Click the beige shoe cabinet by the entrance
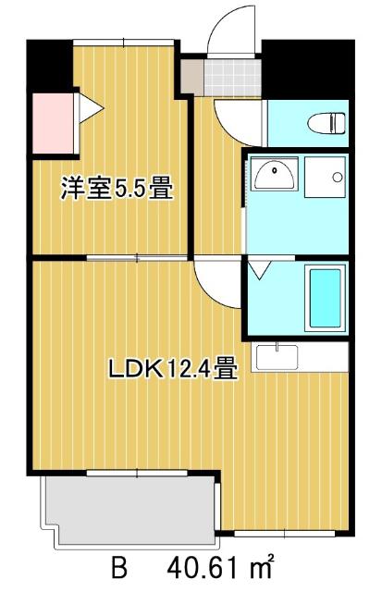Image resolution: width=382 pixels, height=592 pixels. [191, 78]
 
